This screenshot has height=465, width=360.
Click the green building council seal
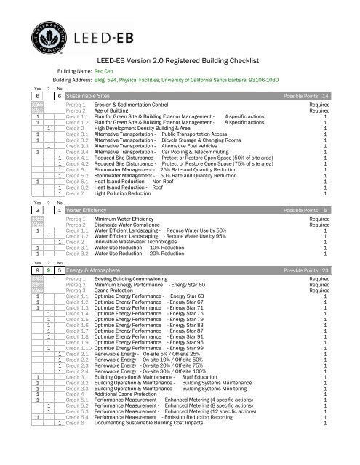tap(42, 31)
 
